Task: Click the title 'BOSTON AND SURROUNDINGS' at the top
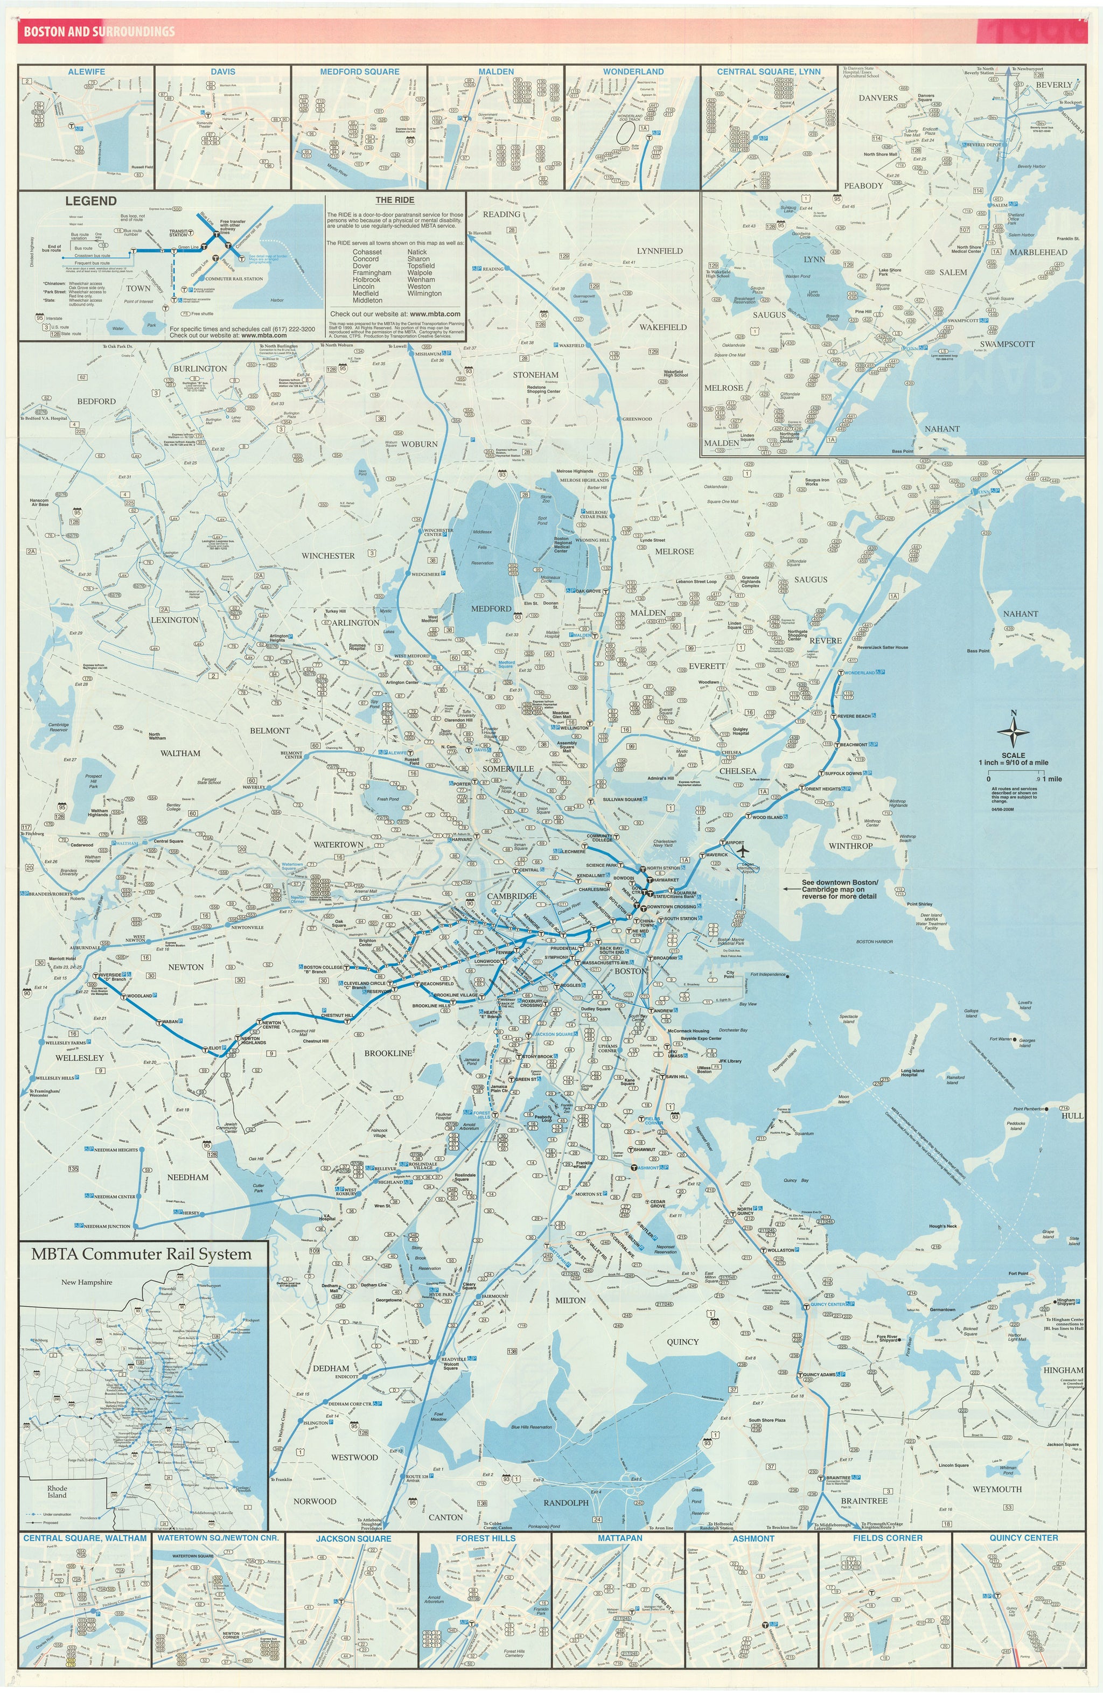(x=99, y=31)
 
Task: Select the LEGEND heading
(x=90, y=201)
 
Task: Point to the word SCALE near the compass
(x=1014, y=755)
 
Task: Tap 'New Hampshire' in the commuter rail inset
(x=87, y=1283)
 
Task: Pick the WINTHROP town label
(x=850, y=846)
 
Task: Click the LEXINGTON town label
(x=174, y=620)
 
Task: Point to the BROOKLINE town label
(x=388, y=1053)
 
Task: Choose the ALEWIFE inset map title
(x=87, y=72)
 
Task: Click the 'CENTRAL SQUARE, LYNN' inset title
(x=769, y=72)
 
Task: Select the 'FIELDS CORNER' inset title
(x=888, y=1538)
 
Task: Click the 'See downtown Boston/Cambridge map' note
(x=840, y=889)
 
